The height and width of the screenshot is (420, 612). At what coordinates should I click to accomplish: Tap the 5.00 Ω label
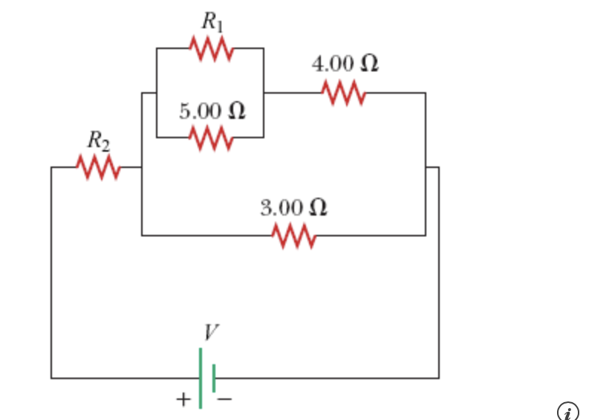pyautogui.click(x=212, y=112)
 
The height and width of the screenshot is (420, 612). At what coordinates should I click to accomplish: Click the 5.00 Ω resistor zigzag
pyautogui.click(x=212, y=138)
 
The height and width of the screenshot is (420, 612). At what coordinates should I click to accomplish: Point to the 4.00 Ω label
pyautogui.click(x=345, y=64)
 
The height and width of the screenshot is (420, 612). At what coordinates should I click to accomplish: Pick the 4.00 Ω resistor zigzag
pyautogui.click(x=343, y=93)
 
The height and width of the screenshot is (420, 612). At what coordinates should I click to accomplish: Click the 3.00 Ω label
pyautogui.click(x=294, y=207)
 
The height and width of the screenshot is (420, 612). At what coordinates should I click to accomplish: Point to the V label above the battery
pyautogui.click(x=211, y=332)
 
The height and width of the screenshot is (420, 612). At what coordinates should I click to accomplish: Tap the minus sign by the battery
pyautogui.click(x=225, y=400)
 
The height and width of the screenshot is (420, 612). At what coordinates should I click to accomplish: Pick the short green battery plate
pyautogui.click(x=214, y=378)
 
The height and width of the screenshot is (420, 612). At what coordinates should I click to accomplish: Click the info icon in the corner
pyautogui.click(x=567, y=411)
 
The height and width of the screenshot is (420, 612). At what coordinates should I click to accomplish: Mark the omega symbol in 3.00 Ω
pyautogui.click(x=317, y=207)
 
